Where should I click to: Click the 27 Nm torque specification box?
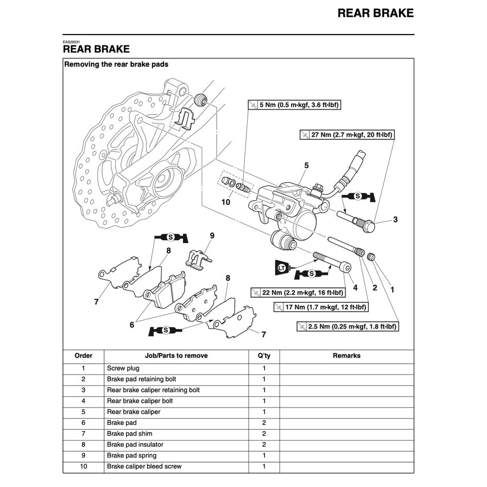(x=347, y=135)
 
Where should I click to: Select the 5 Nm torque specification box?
(x=295, y=105)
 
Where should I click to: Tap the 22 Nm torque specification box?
(x=298, y=293)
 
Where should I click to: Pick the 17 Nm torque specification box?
(x=320, y=307)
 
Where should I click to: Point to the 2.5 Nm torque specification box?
(x=348, y=326)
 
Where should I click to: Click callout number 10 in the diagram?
(x=225, y=202)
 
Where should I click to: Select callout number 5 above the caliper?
(x=306, y=166)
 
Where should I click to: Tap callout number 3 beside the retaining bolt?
(x=395, y=220)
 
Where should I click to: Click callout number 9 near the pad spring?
(x=212, y=236)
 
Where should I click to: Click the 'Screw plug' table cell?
(x=123, y=368)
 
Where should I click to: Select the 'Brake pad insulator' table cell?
(x=135, y=444)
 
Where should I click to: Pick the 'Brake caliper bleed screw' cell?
(x=144, y=466)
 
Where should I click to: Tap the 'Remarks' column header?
(x=346, y=355)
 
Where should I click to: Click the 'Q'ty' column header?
(x=264, y=355)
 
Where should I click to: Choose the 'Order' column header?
(x=84, y=355)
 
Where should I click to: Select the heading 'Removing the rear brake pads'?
(x=116, y=64)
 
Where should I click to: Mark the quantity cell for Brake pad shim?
(x=264, y=433)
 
